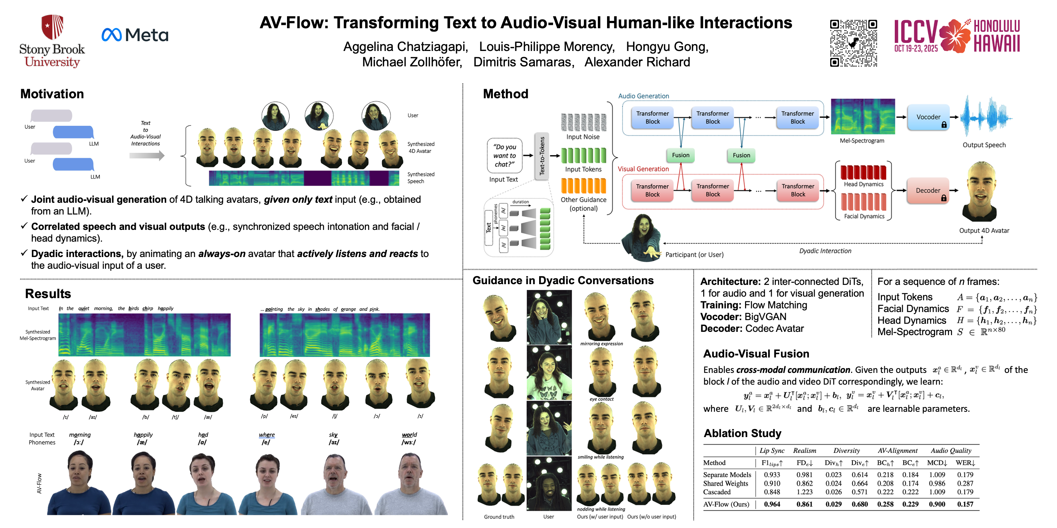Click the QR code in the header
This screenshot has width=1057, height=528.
[x=853, y=43]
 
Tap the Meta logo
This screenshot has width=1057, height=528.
[x=135, y=35]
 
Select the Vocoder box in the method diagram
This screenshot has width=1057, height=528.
[x=928, y=117]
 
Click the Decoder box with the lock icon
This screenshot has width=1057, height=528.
[x=928, y=191]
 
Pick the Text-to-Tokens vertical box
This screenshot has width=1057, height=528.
[x=542, y=156]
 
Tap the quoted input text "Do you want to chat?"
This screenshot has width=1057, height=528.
[x=505, y=155]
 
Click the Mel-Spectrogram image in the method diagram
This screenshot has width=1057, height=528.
[x=862, y=117]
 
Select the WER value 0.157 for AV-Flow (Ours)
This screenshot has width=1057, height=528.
[x=965, y=504]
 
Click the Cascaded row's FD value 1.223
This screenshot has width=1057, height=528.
[x=804, y=492]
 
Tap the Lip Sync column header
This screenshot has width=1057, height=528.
[x=772, y=451]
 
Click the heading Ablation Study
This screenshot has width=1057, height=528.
[x=742, y=433]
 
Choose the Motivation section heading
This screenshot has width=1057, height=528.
[x=52, y=94]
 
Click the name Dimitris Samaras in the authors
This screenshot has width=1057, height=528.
[x=523, y=62]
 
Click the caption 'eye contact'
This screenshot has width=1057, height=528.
[x=602, y=399]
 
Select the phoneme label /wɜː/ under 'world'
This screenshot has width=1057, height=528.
[x=409, y=442]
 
